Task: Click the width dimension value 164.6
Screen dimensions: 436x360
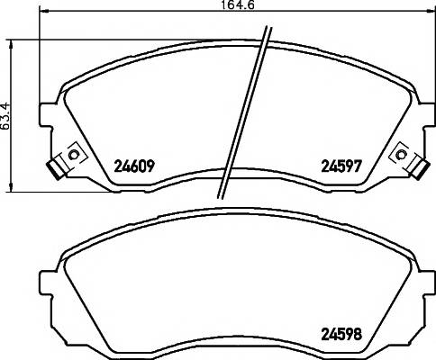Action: click(238, 4)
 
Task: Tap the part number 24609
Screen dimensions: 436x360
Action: click(134, 166)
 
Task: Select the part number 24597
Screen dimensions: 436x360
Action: click(341, 166)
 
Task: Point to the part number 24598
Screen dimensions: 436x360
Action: click(341, 334)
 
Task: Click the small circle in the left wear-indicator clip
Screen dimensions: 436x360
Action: click(73, 155)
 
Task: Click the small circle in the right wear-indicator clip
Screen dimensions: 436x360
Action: click(399, 155)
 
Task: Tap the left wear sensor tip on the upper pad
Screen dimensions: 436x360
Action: click(55, 170)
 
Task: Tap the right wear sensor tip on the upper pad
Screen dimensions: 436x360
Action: click(419, 170)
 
